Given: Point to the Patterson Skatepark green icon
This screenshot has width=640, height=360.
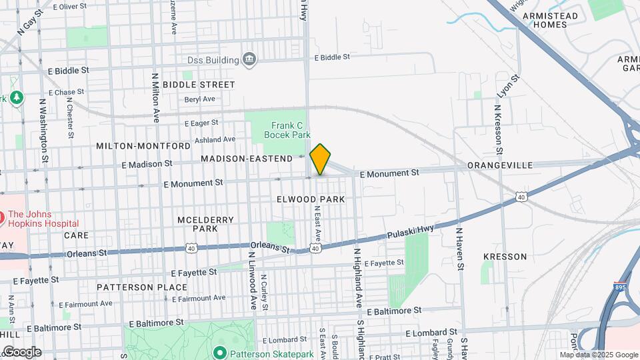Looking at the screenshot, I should pyautogui.click(x=219, y=352).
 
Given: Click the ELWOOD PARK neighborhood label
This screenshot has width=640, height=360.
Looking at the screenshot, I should pyautogui.click(x=311, y=199).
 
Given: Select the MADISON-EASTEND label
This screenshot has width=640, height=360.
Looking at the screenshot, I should pyautogui.click(x=247, y=159).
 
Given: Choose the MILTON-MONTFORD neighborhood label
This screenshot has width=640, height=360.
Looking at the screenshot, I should pyautogui.click(x=143, y=145).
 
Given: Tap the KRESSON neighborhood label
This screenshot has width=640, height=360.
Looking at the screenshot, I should pyautogui.click(x=505, y=257).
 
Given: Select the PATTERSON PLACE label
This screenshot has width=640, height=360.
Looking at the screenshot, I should pyautogui.click(x=142, y=287).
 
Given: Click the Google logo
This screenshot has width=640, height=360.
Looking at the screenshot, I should pyautogui.click(x=21, y=352).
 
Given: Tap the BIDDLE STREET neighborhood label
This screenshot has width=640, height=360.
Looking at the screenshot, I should pyautogui.click(x=199, y=85).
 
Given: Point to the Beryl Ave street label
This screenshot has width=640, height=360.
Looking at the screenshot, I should pyautogui.click(x=200, y=99).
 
